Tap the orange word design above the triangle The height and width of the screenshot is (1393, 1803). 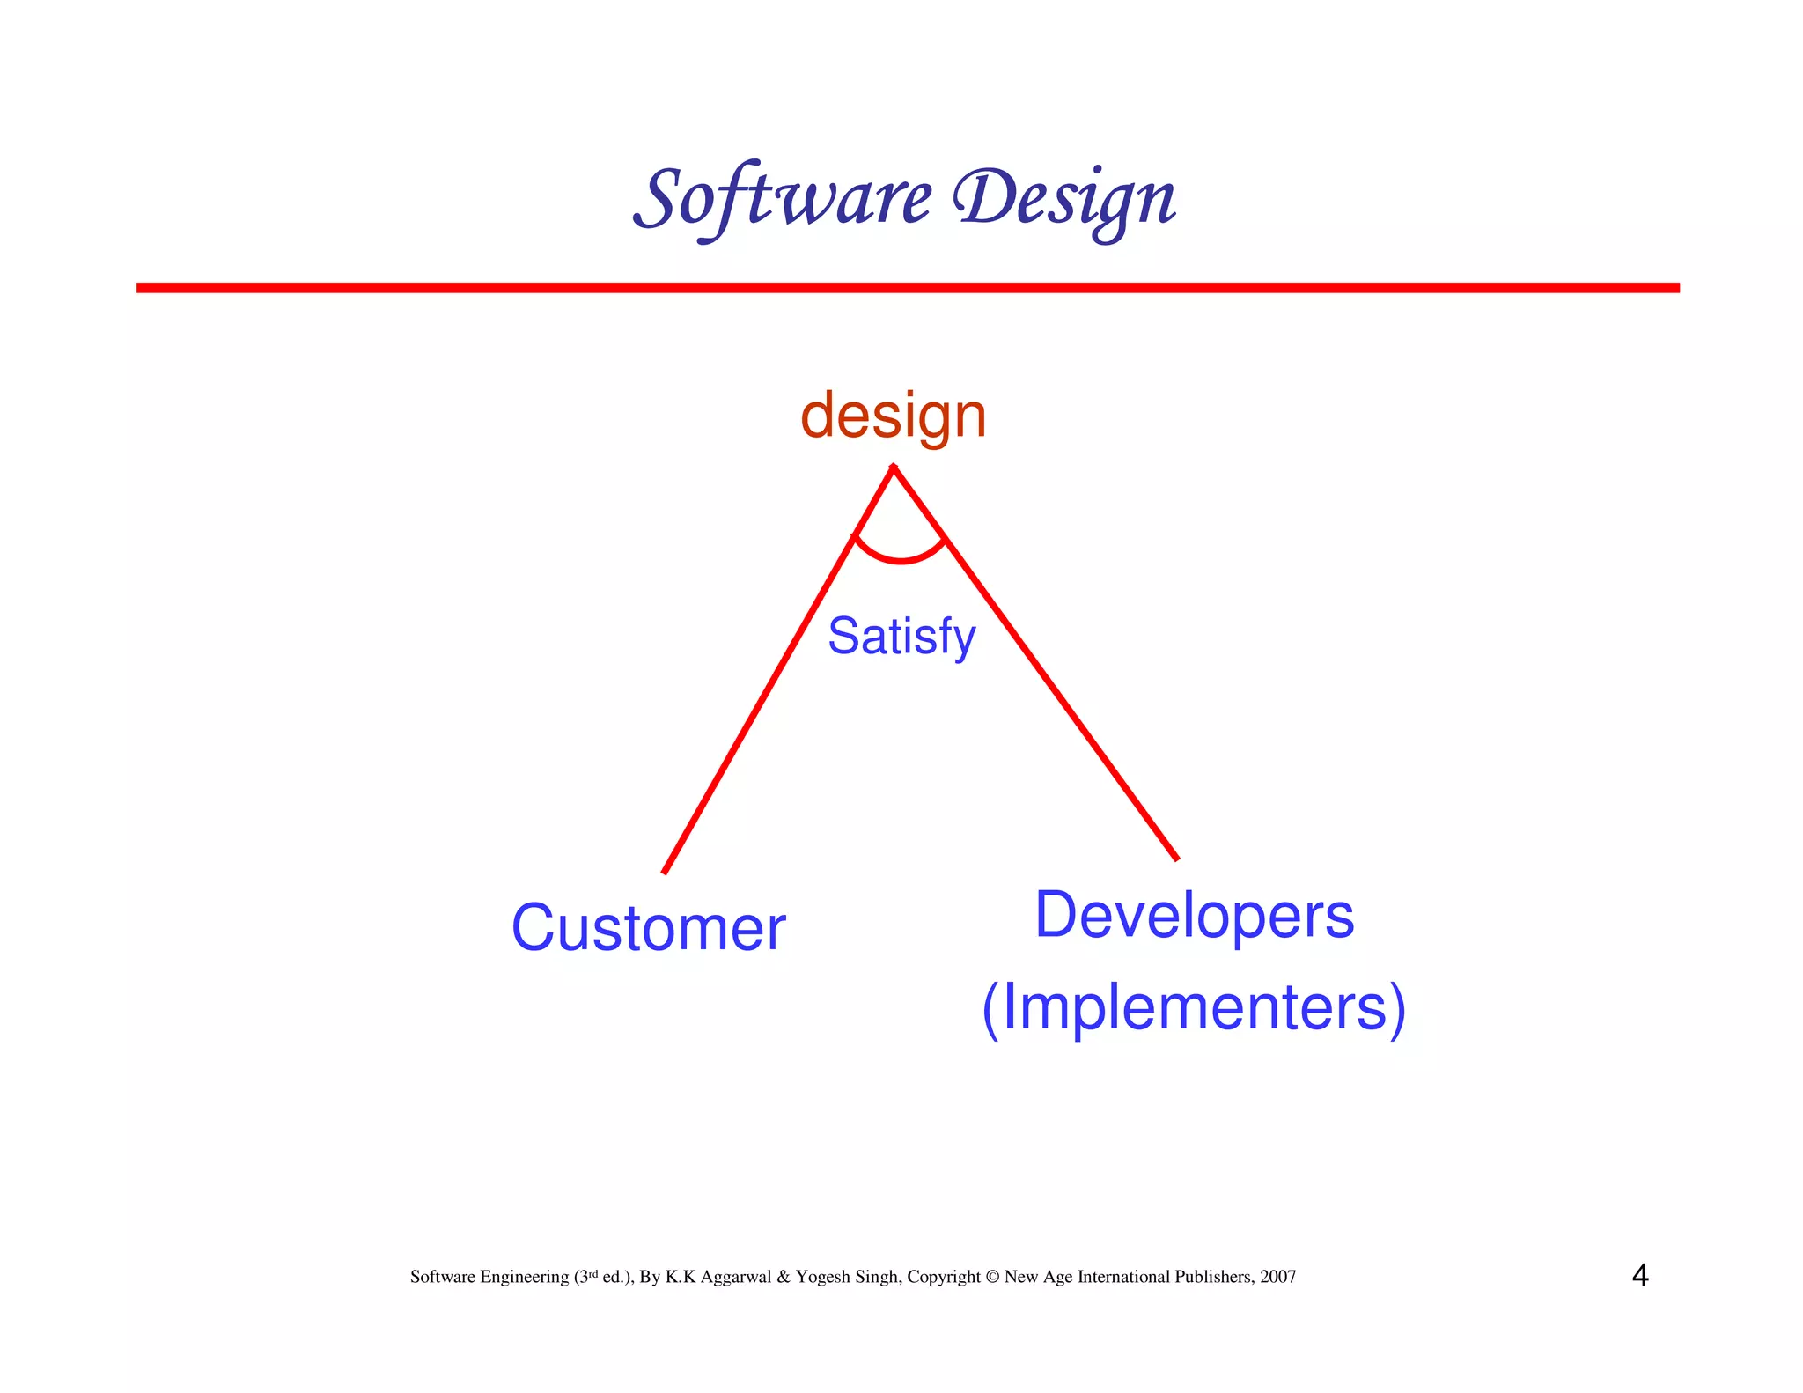tap(893, 416)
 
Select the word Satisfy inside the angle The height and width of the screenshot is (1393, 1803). tap(901, 637)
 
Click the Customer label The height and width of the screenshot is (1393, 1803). tap(648, 928)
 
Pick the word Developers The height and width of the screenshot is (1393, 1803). tap(1194, 915)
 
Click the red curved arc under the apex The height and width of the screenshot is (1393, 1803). tap(901, 559)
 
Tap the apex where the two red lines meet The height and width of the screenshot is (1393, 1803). tap(894, 468)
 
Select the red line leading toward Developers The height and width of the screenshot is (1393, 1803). tap(1056, 691)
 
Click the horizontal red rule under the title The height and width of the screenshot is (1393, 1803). tap(907, 288)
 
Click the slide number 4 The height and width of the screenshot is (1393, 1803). tap(1639, 1275)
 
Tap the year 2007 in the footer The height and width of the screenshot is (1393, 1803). tap(1277, 1277)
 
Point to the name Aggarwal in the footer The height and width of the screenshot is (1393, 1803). tap(736, 1278)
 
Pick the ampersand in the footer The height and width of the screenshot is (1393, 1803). tap(783, 1277)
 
